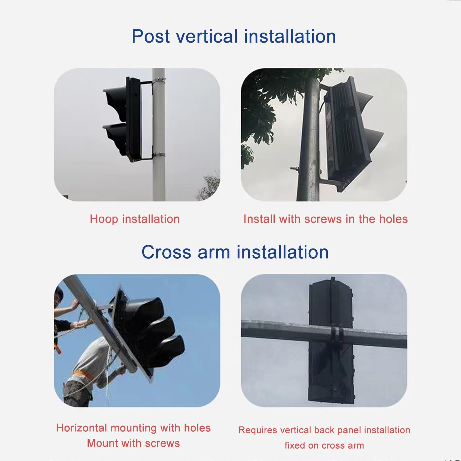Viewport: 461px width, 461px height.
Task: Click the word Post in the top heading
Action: tap(151, 36)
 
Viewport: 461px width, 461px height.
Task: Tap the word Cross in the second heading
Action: tap(166, 252)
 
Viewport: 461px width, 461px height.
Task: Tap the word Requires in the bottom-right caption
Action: tap(258, 430)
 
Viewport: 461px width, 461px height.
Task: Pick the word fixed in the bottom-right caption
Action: tap(295, 445)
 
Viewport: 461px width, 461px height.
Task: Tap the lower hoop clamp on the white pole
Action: tap(159, 155)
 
